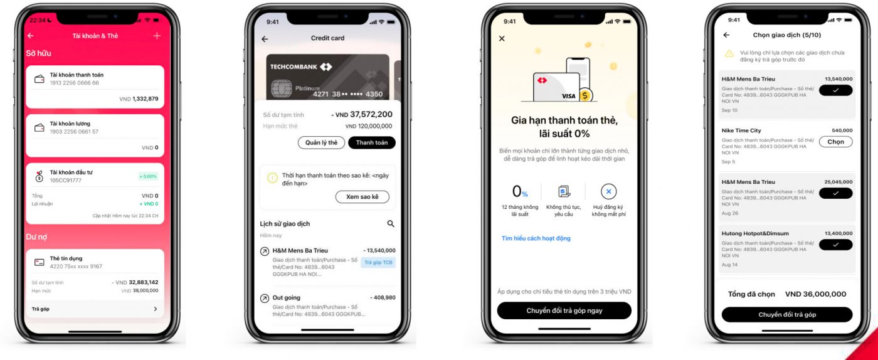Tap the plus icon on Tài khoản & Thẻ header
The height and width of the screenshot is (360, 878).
pyautogui.click(x=157, y=36)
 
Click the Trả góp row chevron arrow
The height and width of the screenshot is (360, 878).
pyautogui.click(x=156, y=309)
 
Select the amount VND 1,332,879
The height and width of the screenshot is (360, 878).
pyautogui.click(x=139, y=99)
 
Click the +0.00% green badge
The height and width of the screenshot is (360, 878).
pyautogui.click(x=148, y=177)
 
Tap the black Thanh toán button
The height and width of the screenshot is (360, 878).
pyautogui.click(x=372, y=142)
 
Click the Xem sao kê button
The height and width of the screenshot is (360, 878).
pyautogui.click(x=362, y=197)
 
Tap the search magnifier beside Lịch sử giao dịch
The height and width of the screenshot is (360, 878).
pyautogui.click(x=391, y=223)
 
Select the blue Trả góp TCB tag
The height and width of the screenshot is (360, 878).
pyautogui.click(x=378, y=262)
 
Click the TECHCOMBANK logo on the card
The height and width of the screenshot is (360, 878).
pyautogui.click(x=301, y=66)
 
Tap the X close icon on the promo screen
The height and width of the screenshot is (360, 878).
pyautogui.click(x=502, y=39)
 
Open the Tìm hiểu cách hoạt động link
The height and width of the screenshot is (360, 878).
pyautogui.click(x=536, y=238)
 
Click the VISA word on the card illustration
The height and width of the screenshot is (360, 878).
pyautogui.click(x=568, y=96)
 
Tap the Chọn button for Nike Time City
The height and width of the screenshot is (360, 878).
pyautogui.click(x=835, y=142)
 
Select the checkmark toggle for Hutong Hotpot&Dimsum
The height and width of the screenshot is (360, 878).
pyautogui.click(x=835, y=245)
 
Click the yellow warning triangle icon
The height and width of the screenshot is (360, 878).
pyautogui.click(x=729, y=54)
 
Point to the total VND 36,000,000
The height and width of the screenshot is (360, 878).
pyautogui.click(x=815, y=294)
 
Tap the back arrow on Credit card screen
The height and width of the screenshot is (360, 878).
pyautogui.click(x=265, y=39)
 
